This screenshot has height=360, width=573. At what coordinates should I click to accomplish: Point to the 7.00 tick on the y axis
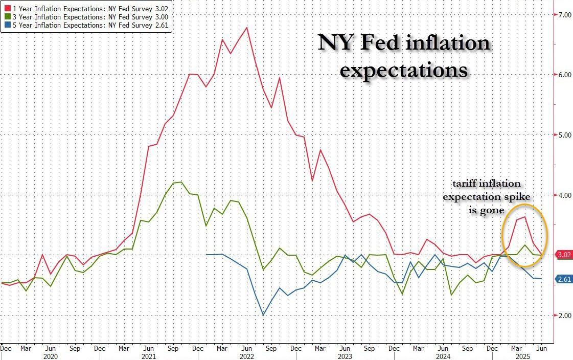coord(564,14)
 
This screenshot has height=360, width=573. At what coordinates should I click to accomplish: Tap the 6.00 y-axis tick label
coord(564,75)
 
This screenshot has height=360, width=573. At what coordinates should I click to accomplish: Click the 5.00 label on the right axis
coord(564,135)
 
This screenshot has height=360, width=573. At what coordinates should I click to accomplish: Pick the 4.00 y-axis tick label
coord(564,195)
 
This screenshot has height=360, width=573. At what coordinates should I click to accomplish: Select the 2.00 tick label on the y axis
coord(564,316)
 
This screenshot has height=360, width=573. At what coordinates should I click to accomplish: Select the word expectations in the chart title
coord(404,70)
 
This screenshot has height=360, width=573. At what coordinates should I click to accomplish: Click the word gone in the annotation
coord(494,210)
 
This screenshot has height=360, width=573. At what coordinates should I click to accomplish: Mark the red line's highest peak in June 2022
coord(247,27)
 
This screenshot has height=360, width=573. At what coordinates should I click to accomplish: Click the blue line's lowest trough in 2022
coord(263,315)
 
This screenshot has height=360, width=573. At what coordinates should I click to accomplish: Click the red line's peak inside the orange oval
coord(525,217)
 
